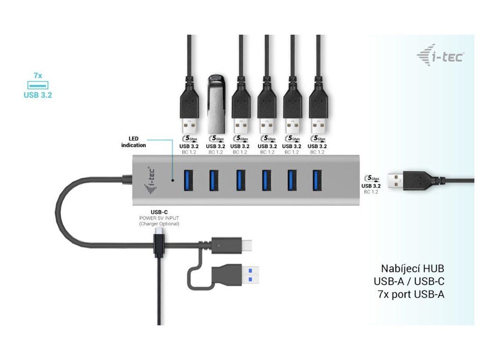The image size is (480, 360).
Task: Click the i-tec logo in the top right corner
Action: pos(440,56)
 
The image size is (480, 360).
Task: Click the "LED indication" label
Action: pos(134,142)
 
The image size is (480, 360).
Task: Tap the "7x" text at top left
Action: pos(37,75)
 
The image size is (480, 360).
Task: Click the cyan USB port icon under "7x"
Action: pos(37,85)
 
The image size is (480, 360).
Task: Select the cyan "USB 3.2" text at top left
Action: pos(37,95)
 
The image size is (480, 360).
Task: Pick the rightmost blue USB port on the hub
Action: pos(316,180)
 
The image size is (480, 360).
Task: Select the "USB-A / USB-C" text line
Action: pos(409,282)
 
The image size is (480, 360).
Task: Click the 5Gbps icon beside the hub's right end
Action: pos(373,178)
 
